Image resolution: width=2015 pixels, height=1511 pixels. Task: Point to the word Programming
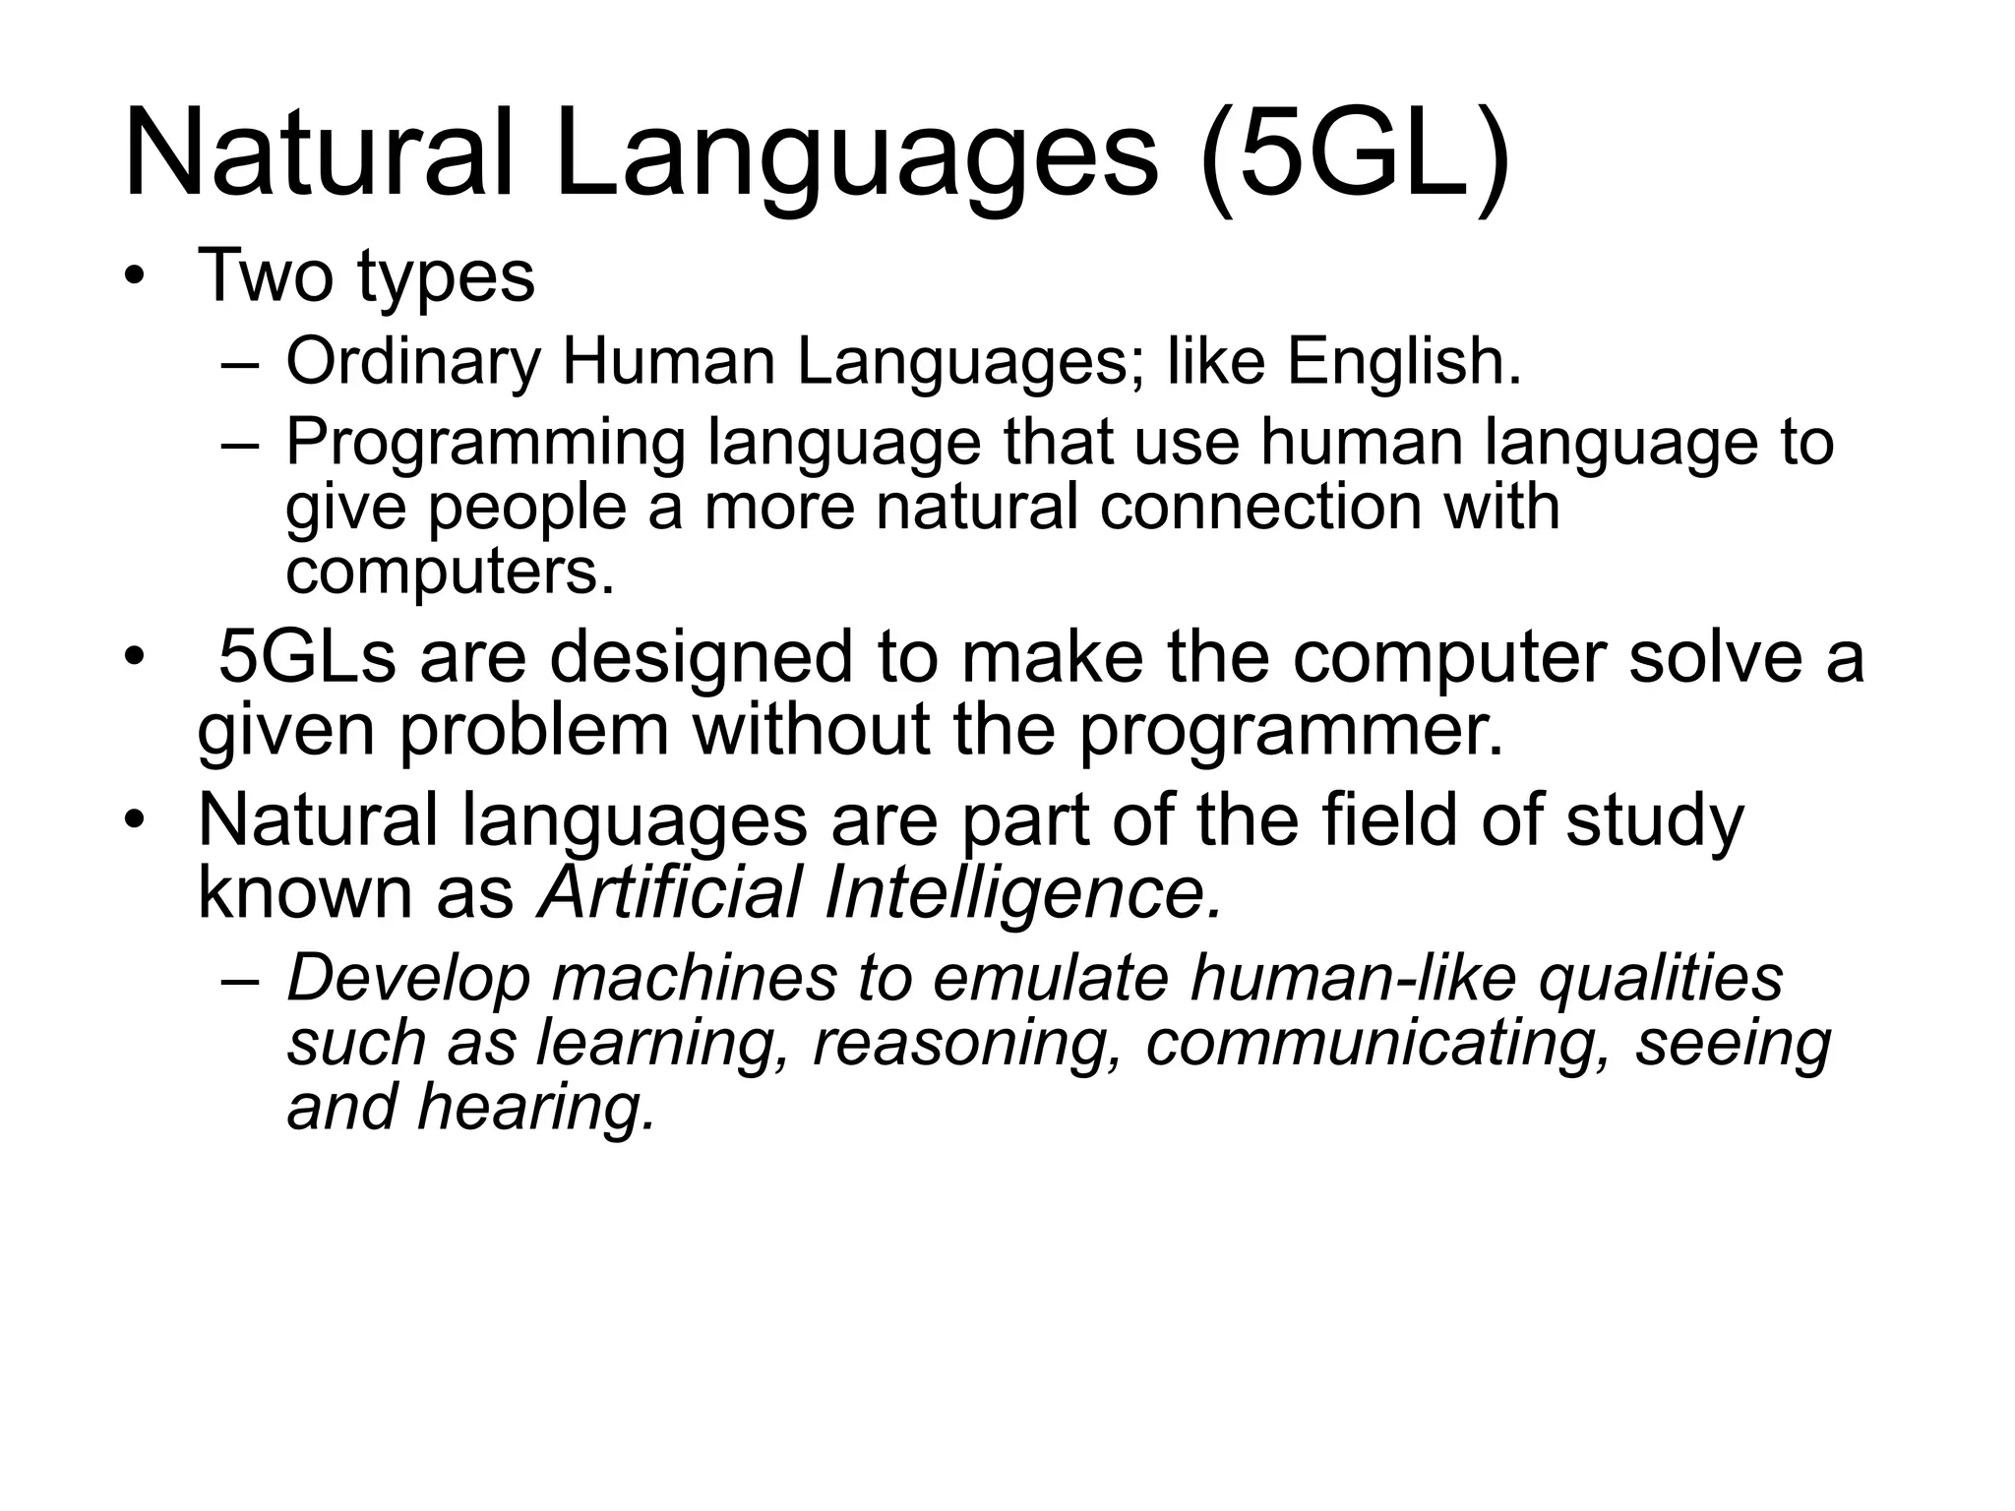[x=485, y=444]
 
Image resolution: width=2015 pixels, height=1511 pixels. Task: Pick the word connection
[x=1258, y=508]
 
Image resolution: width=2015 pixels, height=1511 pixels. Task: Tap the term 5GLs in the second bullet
[x=306, y=657]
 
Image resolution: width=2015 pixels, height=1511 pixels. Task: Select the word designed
[x=701, y=657]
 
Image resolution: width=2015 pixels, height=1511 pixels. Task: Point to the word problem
[x=532, y=730]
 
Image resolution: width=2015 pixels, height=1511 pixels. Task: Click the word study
[x=1654, y=820]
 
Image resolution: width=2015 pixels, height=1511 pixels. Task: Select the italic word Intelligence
[x=1024, y=893]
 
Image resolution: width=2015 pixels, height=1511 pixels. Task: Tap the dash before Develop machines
[x=240, y=980]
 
